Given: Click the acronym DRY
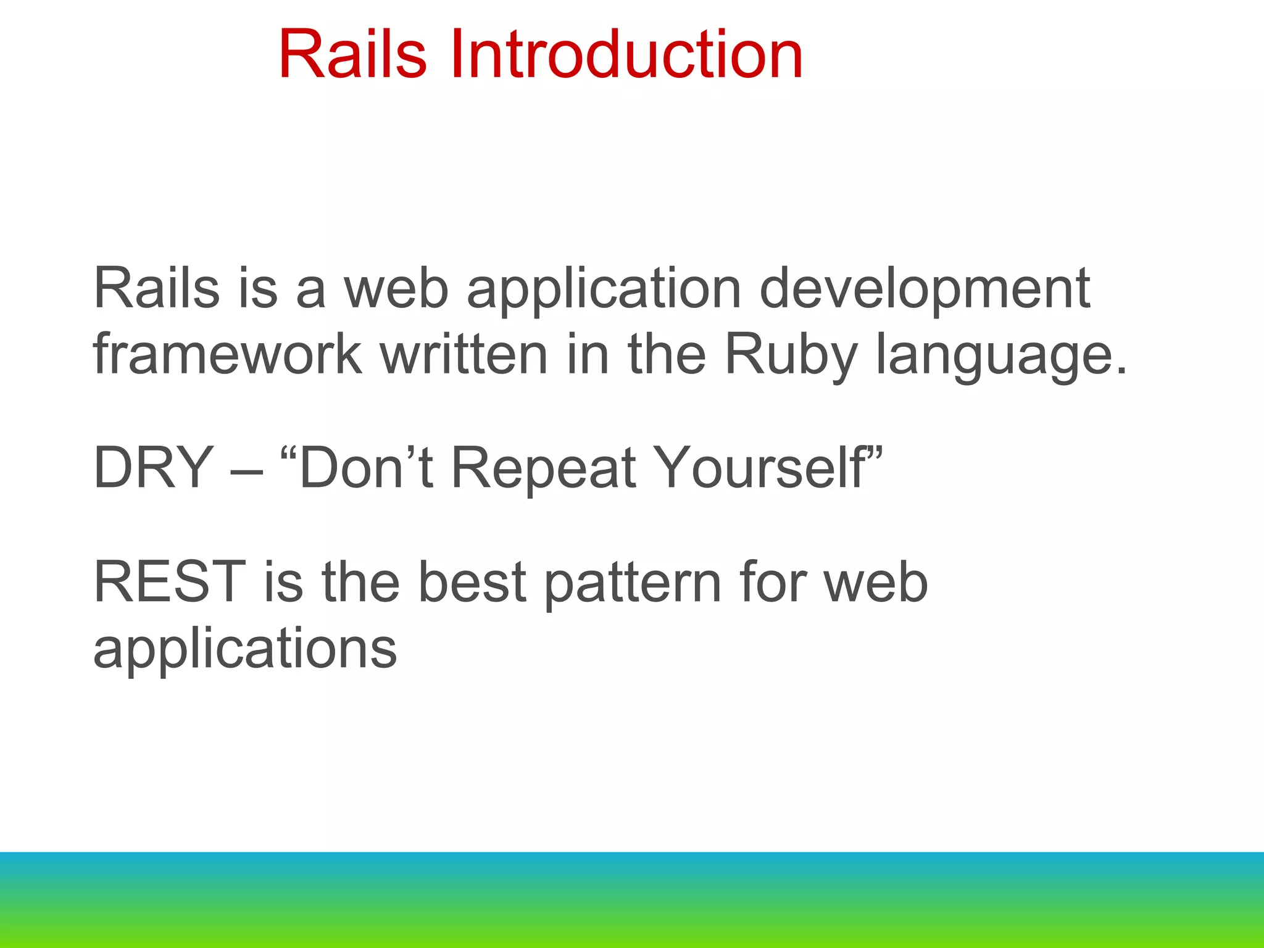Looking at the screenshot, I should (x=154, y=468).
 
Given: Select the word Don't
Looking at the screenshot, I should (x=365, y=468).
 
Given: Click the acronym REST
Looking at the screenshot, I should (x=169, y=581).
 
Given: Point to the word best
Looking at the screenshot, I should (x=472, y=581).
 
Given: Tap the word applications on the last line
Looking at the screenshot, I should (x=244, y=649).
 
